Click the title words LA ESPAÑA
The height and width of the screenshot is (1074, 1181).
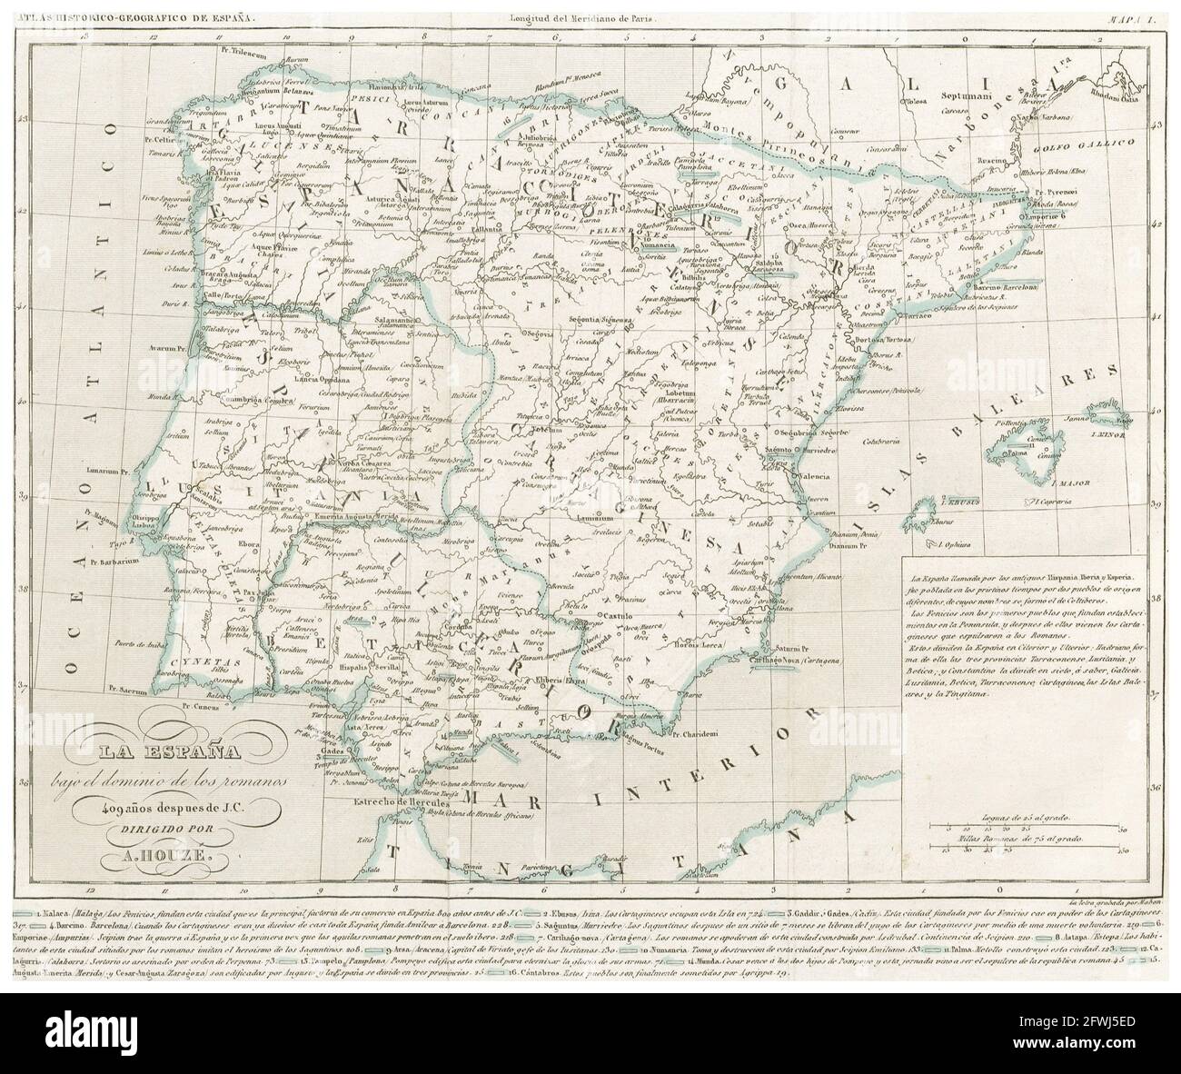pos(235,751)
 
